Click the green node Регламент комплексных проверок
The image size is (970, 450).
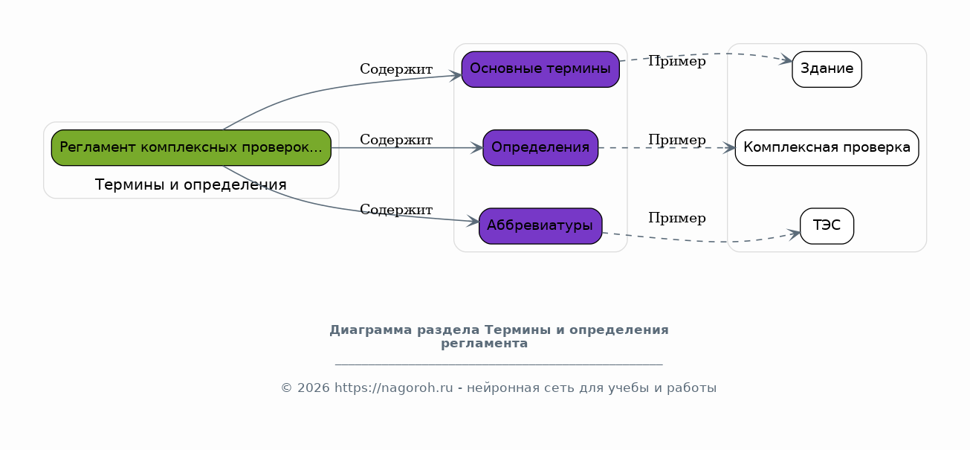191,147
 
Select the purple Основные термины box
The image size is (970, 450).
540,69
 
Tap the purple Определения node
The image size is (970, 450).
540,147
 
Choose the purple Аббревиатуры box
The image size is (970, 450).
540,226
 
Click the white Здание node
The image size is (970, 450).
827,69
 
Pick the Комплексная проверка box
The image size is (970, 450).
827,147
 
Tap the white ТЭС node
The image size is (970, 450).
827,226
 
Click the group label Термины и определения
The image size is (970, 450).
190,184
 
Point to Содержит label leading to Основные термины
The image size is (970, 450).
396,69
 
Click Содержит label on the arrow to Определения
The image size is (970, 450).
396,140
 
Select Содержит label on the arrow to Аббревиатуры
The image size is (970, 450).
396,210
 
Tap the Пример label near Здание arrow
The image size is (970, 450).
677,62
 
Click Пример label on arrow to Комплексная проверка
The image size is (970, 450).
677,140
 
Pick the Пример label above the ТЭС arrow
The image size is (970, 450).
677,218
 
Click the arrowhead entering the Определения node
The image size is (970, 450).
476,148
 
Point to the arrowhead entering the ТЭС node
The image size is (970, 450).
794,234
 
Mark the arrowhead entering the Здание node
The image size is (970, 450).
786,60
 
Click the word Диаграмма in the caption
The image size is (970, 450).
371,330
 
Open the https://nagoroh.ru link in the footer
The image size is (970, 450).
394,388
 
